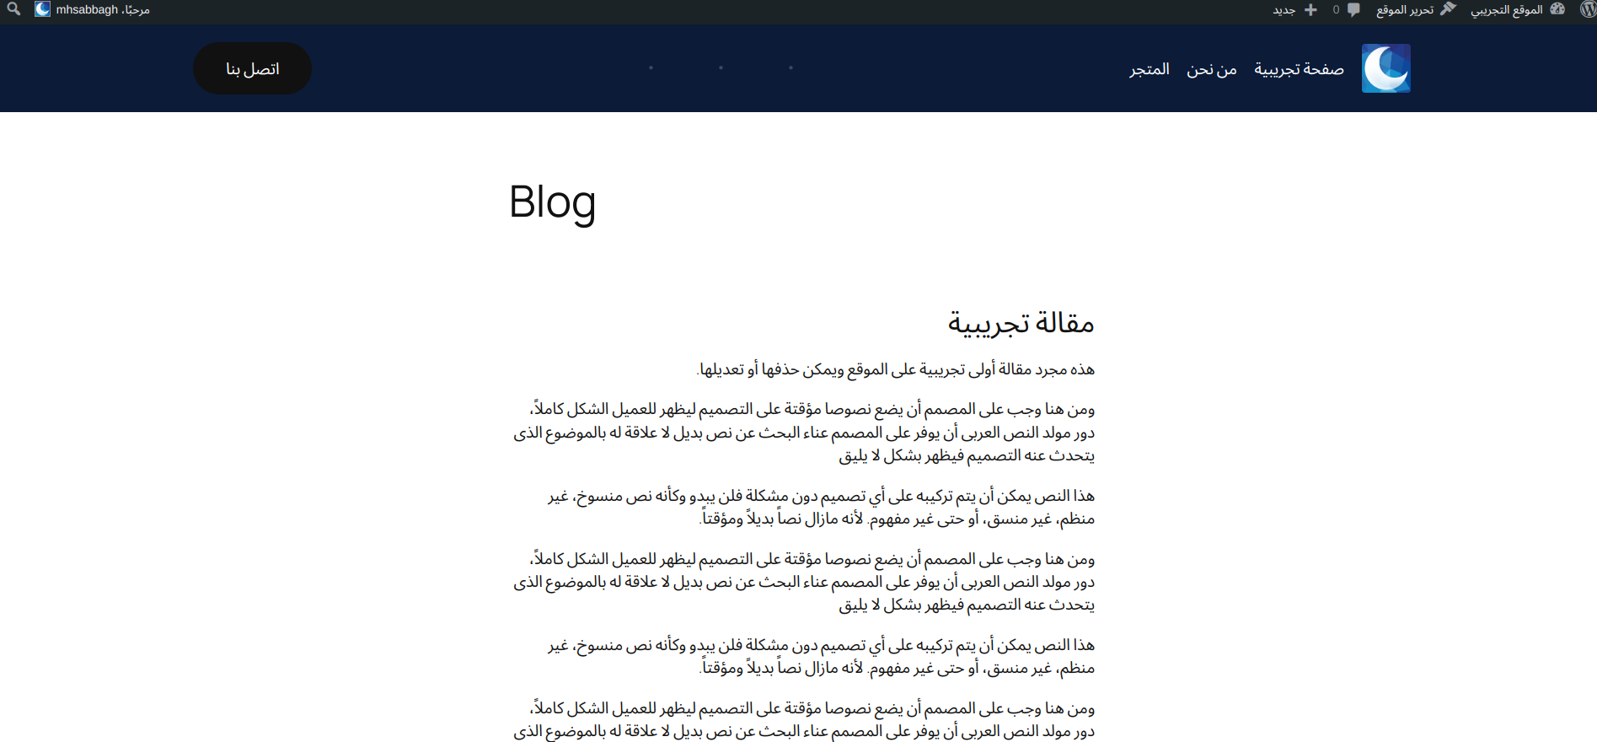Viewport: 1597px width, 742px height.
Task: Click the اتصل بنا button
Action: tap(252, 68)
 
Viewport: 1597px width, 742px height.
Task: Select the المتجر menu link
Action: tap(1150, 69)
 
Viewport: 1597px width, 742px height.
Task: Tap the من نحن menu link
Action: tap(1212, 69)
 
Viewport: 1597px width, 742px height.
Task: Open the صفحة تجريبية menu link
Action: tap(1299, 69)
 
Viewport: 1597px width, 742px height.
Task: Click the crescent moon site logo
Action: tap(1386, 68)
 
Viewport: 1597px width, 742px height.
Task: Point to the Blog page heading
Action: tap(552, 202)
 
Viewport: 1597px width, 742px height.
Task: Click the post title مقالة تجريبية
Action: tap(1021, 323)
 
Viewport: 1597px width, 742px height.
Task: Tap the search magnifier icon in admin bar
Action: tap(13, 9)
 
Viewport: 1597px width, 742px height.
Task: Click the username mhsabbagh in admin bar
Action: tap(87, 10)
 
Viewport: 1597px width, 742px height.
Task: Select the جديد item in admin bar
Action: tap(1283, 10)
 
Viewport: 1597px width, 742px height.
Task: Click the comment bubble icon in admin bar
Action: tap(1353, 10)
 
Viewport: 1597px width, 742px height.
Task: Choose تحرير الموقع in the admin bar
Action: tap(1405, 10)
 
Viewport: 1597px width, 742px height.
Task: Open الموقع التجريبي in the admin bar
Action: tap(1507, 10)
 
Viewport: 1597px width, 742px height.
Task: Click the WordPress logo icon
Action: tap(1588, 9)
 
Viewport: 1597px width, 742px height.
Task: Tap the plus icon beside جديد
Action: tap(1310, 10)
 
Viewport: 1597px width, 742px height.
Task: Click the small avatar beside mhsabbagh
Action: tap(42, 9)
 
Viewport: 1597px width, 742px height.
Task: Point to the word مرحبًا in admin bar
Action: tap(136, 10)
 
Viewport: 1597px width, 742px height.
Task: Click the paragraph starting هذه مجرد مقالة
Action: tap(897, 369)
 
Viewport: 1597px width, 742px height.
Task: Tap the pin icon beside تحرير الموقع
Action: tap(1448, 9)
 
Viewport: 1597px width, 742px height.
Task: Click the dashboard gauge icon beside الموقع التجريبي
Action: tap(1557, 9)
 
